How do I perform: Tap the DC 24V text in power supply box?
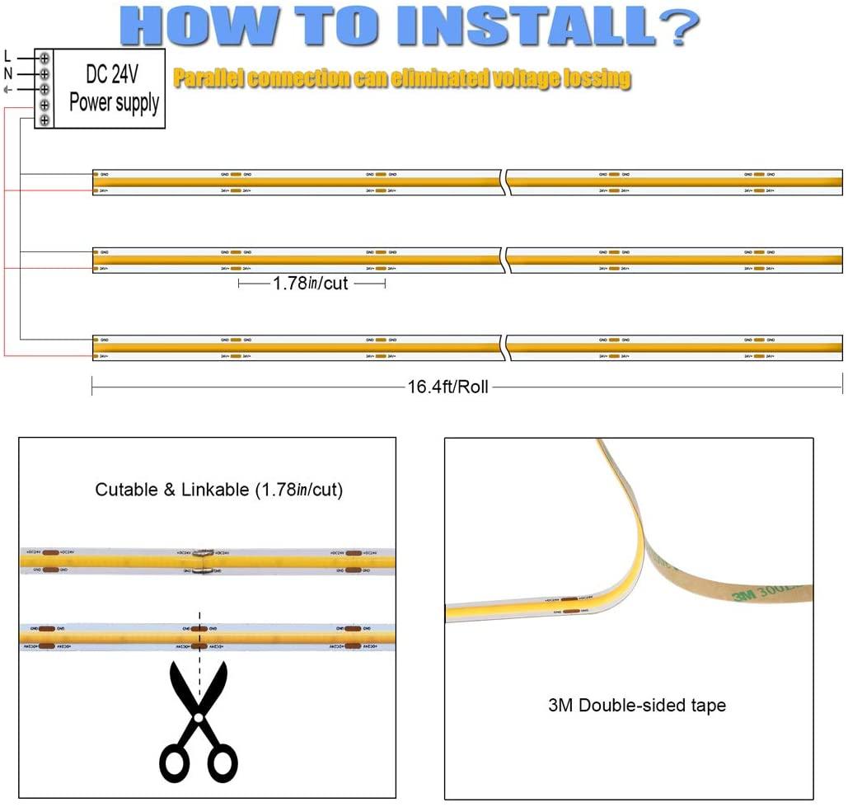[112, 75]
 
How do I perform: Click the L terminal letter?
[8, 58]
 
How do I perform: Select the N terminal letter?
[8, 73]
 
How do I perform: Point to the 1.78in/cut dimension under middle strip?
[311, 284]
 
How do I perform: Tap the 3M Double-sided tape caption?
[636, 706]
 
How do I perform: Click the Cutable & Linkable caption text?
[219, 490]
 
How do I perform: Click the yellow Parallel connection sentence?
[402, 79]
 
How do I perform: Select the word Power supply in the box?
[114, 103]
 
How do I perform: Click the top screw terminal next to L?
[44, 59]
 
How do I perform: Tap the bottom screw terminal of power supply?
[44, 120]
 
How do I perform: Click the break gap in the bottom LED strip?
[503, 348]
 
